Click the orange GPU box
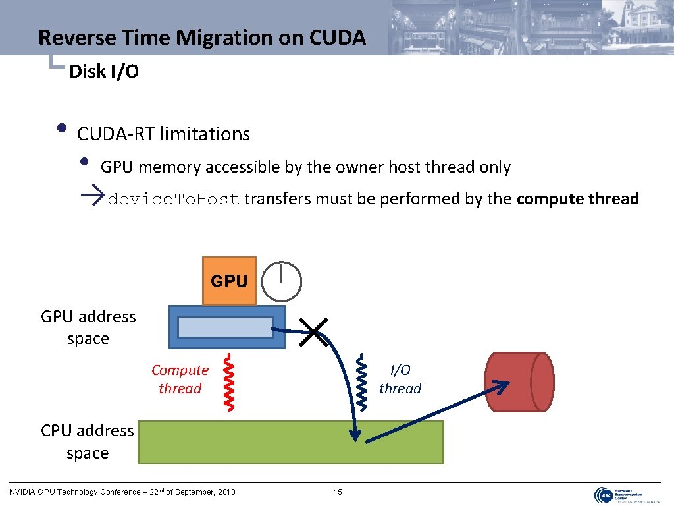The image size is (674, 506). [x=228, y=281]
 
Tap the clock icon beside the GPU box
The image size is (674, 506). [x=282, y=281]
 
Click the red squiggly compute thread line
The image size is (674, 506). [x=228, y=383]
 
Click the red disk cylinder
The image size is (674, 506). [x=519, y=382]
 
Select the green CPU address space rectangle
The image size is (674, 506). [x=290, y=442]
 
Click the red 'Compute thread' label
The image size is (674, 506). [x=180, y=379]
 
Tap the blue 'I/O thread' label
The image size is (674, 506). [x=400, y=379]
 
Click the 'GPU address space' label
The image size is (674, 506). [x=88, y=327]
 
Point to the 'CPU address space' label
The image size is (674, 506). [x=88, y=441]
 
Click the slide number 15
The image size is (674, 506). [x=338, y=492]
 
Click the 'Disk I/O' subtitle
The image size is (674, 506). [x=104, y=72]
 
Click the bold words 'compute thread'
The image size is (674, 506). [x=578, y=199]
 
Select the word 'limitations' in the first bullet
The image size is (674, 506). [x=205, y=134]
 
